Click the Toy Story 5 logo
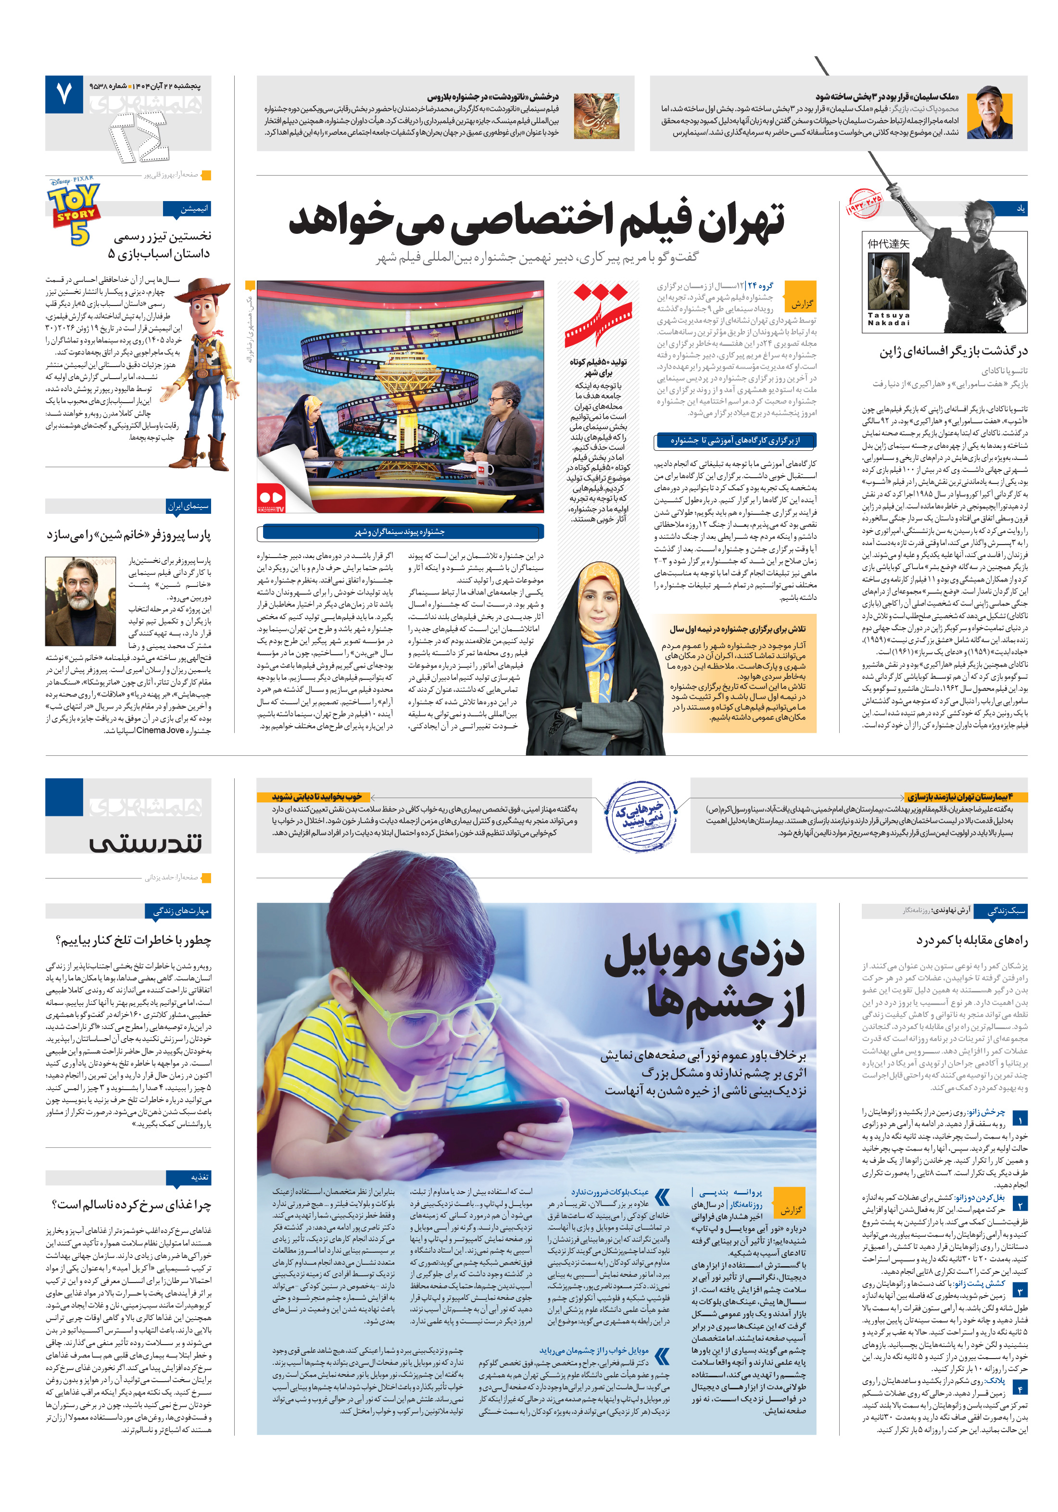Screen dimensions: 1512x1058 (x=75, y=213)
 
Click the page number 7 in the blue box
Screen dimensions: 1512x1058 (x=64, y=95)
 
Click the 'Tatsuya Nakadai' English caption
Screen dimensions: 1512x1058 (x=888, y=319)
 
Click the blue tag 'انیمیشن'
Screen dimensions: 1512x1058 (x=188, y=209)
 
